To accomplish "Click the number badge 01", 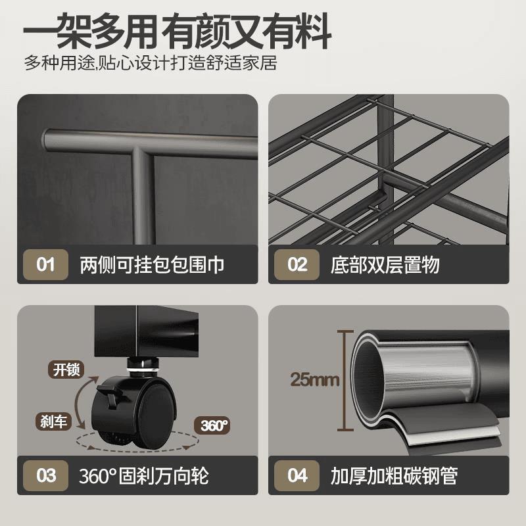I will tap(45, 265).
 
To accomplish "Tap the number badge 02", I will tap(297, 265).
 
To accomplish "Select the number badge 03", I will tap(45, 475).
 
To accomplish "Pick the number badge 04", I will tap(297, 475).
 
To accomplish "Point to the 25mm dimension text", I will tap(314, 379).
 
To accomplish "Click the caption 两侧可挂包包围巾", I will tap(152, 265).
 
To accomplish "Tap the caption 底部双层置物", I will tap(385, 265).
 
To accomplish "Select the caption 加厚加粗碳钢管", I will tap(394, 475).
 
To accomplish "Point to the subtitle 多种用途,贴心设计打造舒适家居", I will tap(149, 64).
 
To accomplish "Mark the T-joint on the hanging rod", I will tap(140, 155).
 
